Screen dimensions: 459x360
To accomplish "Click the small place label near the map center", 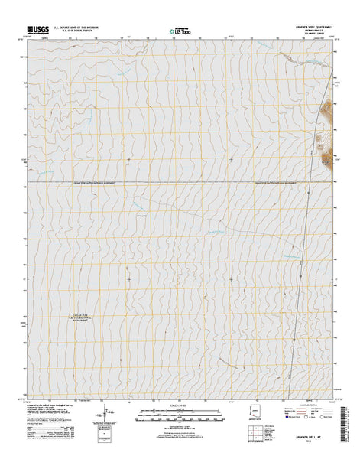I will pyautogui.click(x=141, y=218).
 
